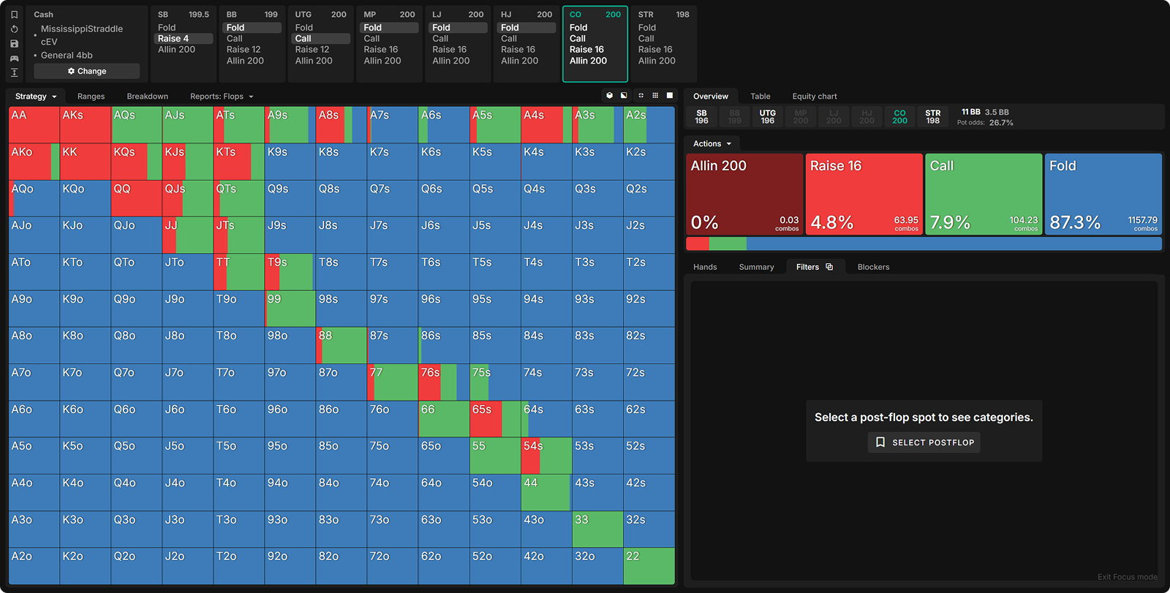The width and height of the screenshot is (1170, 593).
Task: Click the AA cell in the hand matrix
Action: pos(34,125)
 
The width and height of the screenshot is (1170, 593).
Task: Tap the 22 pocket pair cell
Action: pos(649,566)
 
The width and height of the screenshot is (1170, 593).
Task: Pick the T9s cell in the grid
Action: pos(290,272)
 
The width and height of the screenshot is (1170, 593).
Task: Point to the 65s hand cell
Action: pos(494,419)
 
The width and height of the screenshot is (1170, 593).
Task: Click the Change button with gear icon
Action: pos(87,71)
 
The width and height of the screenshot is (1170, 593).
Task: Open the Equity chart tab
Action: pos(814,97)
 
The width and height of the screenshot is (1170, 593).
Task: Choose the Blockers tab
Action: pos(873,267)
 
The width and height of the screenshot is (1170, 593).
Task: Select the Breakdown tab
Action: pos(147,97)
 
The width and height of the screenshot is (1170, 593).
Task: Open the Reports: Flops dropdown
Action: pos(221,97)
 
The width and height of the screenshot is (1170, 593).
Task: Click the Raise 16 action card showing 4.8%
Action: pos(864,194)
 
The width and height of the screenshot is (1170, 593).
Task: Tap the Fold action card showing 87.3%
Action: pos(1103,194)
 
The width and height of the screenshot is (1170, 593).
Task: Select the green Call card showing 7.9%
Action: pos(984,194)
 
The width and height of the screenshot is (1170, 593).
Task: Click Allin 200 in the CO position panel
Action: pos(588,61)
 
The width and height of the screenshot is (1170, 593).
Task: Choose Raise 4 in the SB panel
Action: pos(173,39)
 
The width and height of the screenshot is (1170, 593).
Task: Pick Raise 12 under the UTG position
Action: pos(312,50)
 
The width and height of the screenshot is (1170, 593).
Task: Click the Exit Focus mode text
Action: pos(1127,577)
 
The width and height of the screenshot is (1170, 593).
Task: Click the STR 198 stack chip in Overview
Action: pos(932,117)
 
